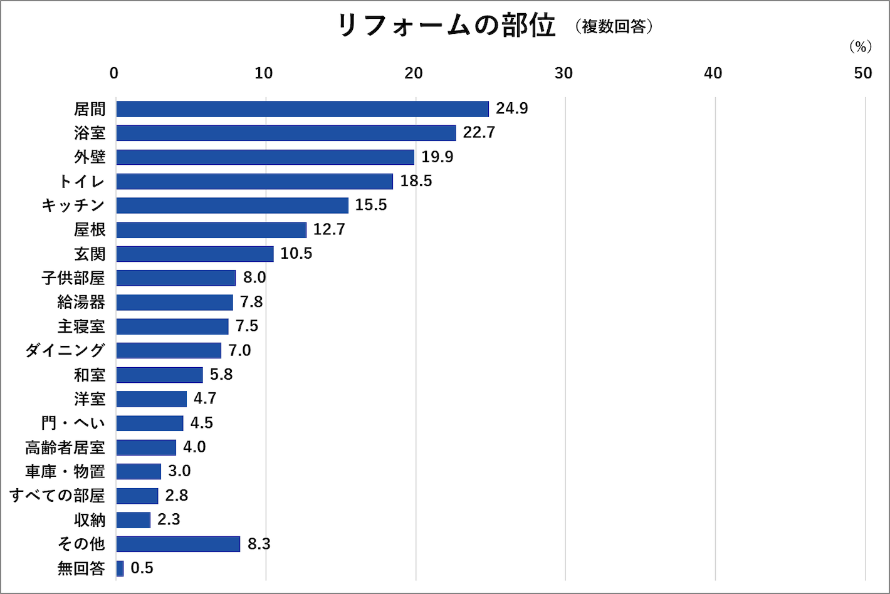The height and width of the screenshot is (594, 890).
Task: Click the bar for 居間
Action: pyautogui.click(x=302, y=109)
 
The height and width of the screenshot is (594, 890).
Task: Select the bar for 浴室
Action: pyautogui.click(x=286, y=133)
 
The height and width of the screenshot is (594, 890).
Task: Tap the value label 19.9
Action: pyautogui.click(x=437, y=157)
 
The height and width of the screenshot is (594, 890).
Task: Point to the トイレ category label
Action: pyautogui.click(x=81, y=182)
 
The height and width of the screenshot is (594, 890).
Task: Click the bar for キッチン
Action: pyautogui.click(x=232, y=206)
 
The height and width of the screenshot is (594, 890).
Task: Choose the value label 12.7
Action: pyautogui.click(x=329, y=229)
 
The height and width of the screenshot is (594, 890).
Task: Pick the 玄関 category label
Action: pyautogui.click(x=90, y=254)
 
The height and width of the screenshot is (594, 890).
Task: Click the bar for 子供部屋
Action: pyautogui.click(x=175, y=278)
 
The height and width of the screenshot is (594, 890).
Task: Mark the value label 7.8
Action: pyautogui.click(x=251, y=302)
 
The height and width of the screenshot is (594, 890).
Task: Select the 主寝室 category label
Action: pyautogui.click(x=81, y=326)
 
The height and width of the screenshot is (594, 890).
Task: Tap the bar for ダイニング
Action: pyautogui.click(x=168, y=350)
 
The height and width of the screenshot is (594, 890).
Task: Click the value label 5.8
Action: pyautogui.click(x=221, y=375)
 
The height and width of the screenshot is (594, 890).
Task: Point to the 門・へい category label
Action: pyautogui.click(x=73, y=423)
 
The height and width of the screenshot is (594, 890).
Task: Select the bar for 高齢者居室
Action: pyautogui.click(x=146, y=447)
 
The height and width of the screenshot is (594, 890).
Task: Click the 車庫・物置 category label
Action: pyautogui.click(x=65, y=471)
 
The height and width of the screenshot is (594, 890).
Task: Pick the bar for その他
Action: pyautogui.click(x=178, y=544)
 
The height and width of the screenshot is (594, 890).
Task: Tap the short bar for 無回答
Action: pyautogui.click(x=120, y=568)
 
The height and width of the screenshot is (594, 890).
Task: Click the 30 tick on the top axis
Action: pyautogui.click(x=563, y=73)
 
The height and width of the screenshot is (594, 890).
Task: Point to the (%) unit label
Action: pyautogui.click(x=861, y=47)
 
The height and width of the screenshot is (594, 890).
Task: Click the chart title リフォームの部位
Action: pyautogui.click(x=446, y=26)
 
